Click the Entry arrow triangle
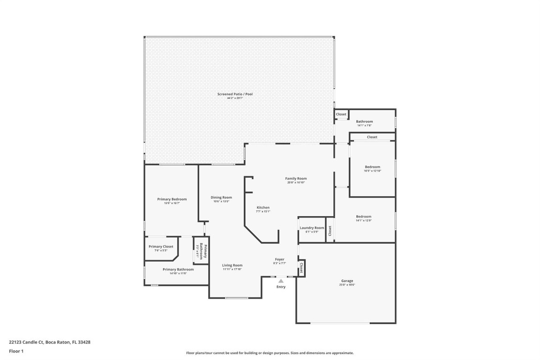point(281,280)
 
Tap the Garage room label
point(347,281)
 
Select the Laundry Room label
point(312,228)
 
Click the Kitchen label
point(263,207)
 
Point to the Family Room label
point(296,179)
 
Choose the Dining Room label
point(221,197)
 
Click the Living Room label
point(232,265)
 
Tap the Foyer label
point(279,259)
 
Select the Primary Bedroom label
point(172,199)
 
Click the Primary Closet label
point(161,247)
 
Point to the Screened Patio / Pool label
point(235,94)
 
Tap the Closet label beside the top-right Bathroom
point(341,114)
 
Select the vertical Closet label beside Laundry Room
point(330,231)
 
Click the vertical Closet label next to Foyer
point(301,268)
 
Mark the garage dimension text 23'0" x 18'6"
point(347,285)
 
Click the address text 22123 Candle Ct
point(50,342)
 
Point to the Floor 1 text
point(16,351)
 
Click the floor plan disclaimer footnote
point(270,353)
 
